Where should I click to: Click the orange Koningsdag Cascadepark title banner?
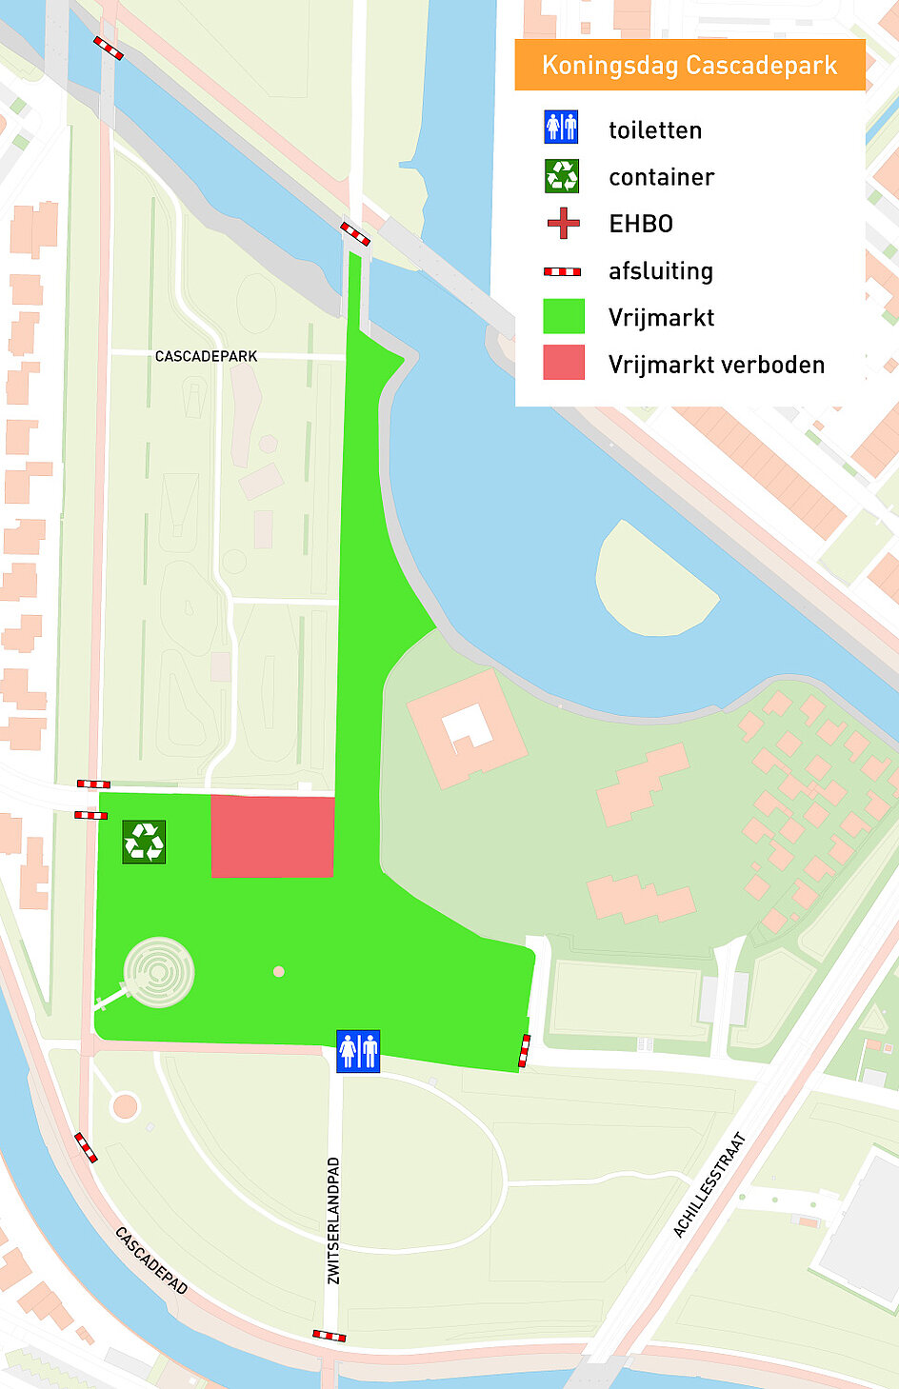pos(689,65)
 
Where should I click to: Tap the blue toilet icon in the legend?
pos(561,127)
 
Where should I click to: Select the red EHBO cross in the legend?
pos(563,224)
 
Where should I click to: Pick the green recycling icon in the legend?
pos(562,175)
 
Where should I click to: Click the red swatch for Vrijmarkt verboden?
pos(564,363)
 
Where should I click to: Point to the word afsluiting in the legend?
pos(661,271)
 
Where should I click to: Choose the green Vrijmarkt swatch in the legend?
pos(564,316)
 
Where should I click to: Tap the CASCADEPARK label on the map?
pos(206,356)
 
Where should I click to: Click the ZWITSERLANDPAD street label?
pos(333,1220)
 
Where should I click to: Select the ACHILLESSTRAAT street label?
pos(710,1184)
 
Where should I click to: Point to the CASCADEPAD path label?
pos(151,1260)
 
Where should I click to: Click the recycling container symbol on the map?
pos(144,842)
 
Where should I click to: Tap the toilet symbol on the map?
pos(357,1051)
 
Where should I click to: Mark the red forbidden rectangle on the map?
pos(272,836)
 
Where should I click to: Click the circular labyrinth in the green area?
pos(159,972)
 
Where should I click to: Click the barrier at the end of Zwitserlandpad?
pos(330,1336)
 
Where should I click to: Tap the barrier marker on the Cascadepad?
pos(86,1147)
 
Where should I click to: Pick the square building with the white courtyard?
pos(467,728)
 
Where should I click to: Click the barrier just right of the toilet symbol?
pos(525,1051)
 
